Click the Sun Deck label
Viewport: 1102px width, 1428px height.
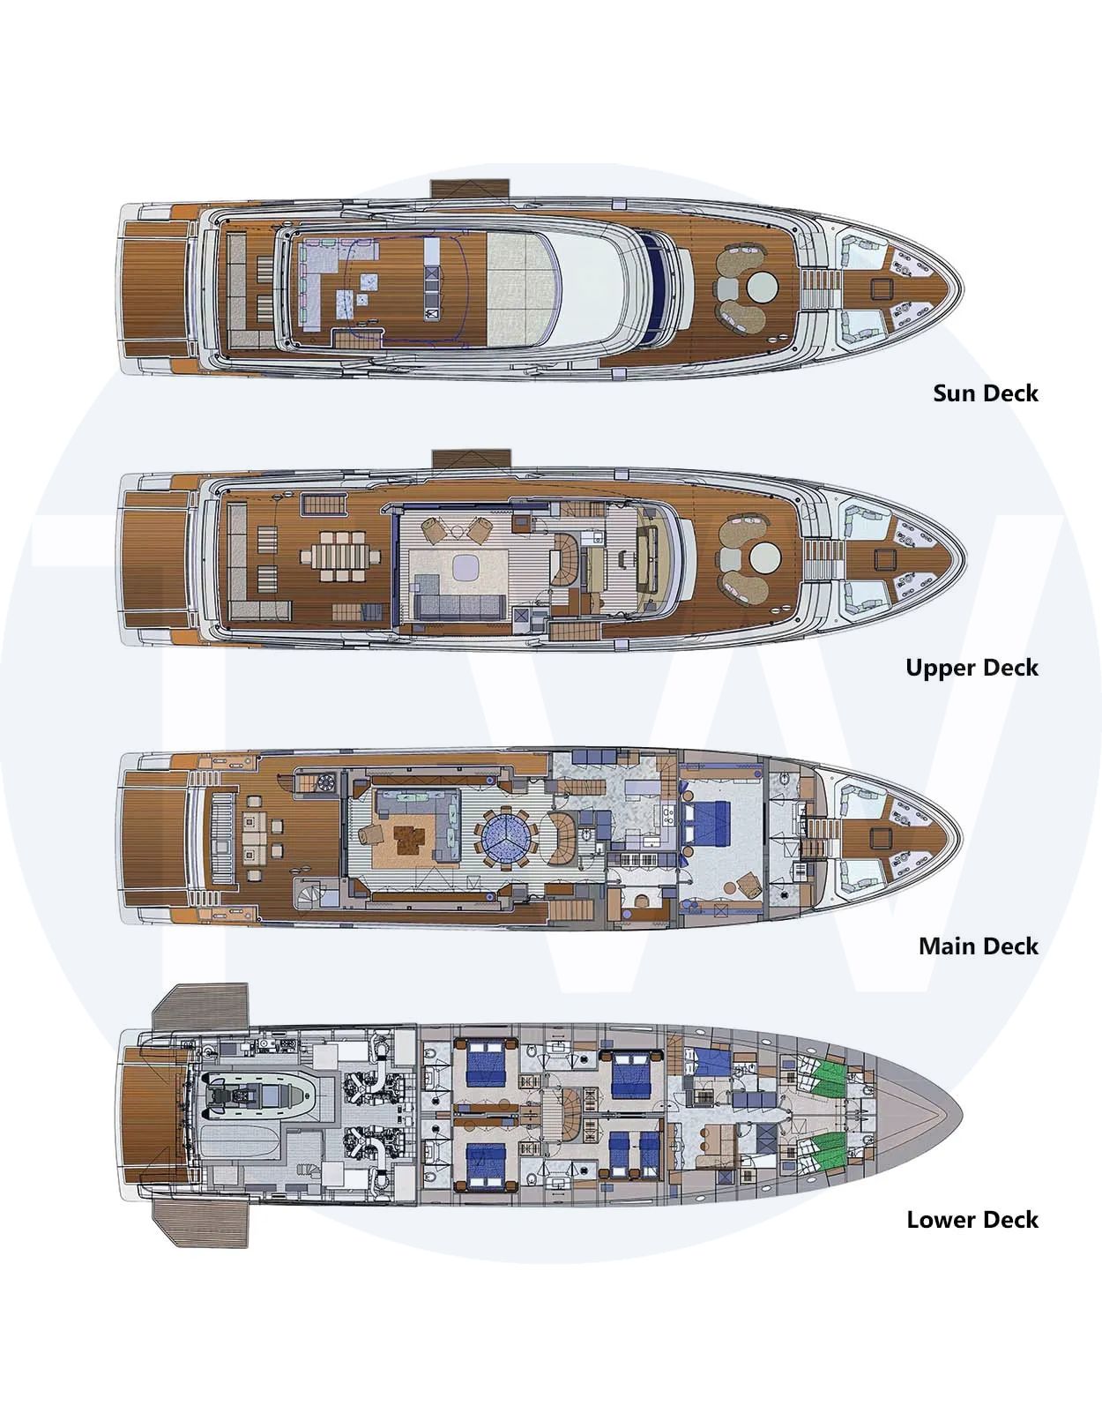[x=985, y=393]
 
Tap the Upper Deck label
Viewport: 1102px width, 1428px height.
[x=972, y=667]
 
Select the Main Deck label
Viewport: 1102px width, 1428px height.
[x=978, y=946]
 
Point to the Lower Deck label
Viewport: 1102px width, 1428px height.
[x=972, y=1219]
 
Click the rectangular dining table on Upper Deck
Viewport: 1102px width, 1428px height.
[x=339, y=557]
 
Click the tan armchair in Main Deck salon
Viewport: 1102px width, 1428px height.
[x=372, y=834]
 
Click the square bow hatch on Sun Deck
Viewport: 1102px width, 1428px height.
[x=882, y=288]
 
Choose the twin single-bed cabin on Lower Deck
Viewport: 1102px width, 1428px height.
[x=635, y=1155]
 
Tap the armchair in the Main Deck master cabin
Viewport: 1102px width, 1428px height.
[x=747, y=885]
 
